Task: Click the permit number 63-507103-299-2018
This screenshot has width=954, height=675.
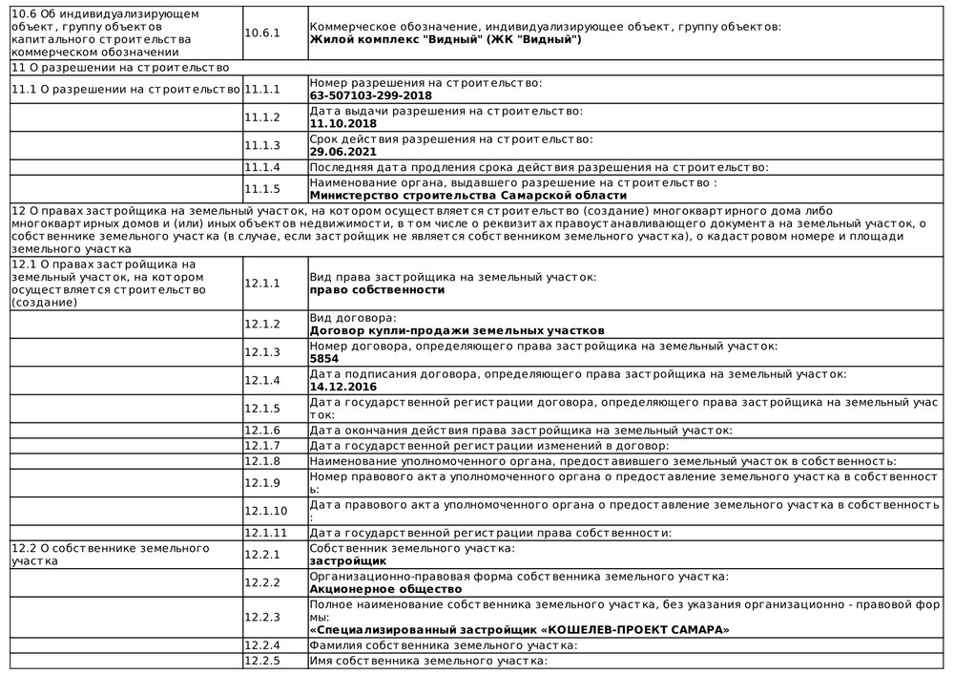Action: click(370, 95)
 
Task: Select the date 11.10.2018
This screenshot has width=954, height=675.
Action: click(342, 123)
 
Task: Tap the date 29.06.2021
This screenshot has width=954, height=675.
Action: click(342, 151)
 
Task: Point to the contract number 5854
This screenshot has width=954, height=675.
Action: click(324, 358)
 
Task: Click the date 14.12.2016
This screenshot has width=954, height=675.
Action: click(342, 387)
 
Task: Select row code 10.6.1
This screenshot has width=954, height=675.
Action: click(262, 32)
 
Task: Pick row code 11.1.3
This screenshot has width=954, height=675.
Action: click(262, 145)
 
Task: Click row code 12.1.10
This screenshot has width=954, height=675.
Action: click(266, 511)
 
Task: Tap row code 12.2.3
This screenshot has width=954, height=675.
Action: click(262, 617)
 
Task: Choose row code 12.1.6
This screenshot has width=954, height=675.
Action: click(262, 431)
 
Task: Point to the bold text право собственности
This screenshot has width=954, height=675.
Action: click(377, 289)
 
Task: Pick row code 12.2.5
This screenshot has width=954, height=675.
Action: click(262, 660)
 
